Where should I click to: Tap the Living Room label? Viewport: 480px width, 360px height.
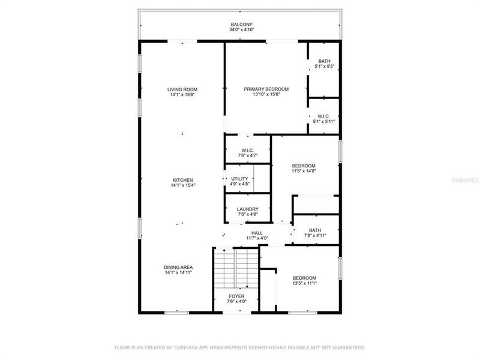tap(182, 89)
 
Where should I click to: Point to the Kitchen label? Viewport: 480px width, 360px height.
tap(182, 180)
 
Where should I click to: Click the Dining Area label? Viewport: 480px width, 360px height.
tap(178, 267)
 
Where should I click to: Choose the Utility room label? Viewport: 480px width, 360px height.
tap(239, 179)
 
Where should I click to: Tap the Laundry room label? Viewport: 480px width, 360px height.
tap(247, 209)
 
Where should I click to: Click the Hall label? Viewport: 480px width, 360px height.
tap(257, 233)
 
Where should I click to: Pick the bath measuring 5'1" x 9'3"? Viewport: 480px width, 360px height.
tap(324, 61)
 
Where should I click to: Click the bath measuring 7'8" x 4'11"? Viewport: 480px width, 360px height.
tap(315, 230)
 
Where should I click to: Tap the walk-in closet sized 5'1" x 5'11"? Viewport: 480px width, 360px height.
tap(324, 116)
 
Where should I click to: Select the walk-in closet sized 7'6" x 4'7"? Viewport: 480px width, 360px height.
tap(248, 151)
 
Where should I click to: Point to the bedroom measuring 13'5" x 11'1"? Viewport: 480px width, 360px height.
tap(304, 278)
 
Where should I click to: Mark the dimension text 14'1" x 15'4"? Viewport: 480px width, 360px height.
tap(182, 185)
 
